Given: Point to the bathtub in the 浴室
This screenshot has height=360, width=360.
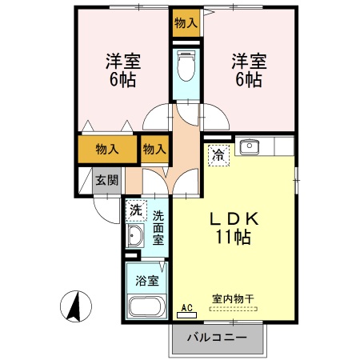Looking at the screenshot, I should [x=146, y=306].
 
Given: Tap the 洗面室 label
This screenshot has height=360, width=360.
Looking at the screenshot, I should [x=158, y=227].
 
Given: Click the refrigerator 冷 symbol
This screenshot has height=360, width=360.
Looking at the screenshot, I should [x=218, y=154].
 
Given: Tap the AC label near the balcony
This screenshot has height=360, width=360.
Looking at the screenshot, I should [x=187, y=306].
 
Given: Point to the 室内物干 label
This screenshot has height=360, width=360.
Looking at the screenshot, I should [x=232, y=298].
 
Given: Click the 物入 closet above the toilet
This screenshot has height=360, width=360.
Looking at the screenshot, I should [x=186, y=22].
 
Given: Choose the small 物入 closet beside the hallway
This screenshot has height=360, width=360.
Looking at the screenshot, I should [x=154, y=149].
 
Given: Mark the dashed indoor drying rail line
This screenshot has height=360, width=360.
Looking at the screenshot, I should [x=232, y=307].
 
